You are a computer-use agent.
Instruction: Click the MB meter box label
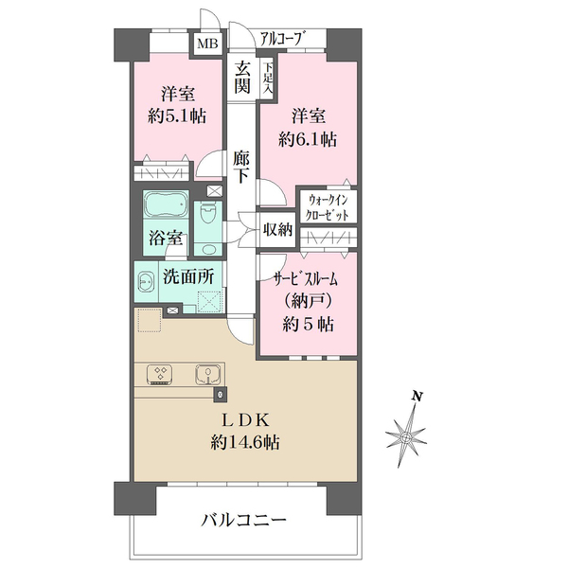[x=207, y=44]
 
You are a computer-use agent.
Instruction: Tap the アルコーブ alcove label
[x=281, y=38]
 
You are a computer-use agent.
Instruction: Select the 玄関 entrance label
[x=242, y=78]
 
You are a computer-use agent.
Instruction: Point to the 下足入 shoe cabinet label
[x=269, y=79]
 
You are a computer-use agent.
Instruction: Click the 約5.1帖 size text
[x=177, y=116]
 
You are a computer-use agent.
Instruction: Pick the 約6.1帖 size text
[x=308, y=139]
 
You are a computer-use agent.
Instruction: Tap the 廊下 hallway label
[x=241, y=167]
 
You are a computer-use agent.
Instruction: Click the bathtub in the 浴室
[x=166, y=204]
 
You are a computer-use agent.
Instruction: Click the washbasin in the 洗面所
[x=145, y=281]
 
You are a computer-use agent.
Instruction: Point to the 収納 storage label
[x=277, y=229]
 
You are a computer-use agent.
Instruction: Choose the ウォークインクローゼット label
[x=328, y=207]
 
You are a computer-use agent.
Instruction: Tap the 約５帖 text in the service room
[x=309, y=324]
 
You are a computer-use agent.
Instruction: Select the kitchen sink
[x=207, y=374]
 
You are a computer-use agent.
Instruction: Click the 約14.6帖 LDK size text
[x=245, y=442]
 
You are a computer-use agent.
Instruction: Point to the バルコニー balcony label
[x=244, y=521]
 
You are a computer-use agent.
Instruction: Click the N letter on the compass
[x=417, y=397]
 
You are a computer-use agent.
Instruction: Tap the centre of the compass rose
[x=406, y=437]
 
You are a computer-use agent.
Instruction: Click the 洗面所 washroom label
[x=188, y=277]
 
